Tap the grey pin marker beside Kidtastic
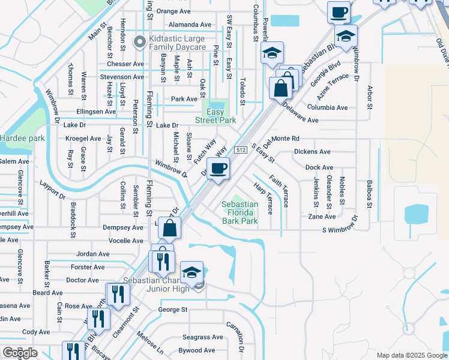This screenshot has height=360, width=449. click(x=139, y=42)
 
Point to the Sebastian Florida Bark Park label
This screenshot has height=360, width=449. click(x=240, y=213)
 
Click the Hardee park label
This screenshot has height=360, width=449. click(x=23, y=138)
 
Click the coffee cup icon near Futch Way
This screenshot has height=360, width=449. click(x=218, y=168)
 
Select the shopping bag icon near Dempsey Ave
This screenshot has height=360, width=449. click(x=170, y=228)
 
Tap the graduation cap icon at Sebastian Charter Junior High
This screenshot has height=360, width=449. click(x=191, y=272)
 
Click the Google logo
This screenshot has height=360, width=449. click(x=20, y=353)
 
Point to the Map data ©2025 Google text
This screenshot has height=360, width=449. click(x=411, y=355)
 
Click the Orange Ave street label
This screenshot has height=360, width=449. click(x=173, y=11)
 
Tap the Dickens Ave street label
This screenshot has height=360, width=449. click(x=312, y=152)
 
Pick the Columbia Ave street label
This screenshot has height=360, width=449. click(x=327, y=108)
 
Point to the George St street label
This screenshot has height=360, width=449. click(x=173, y=310)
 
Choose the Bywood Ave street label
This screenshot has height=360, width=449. click(x=196, y=350)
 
